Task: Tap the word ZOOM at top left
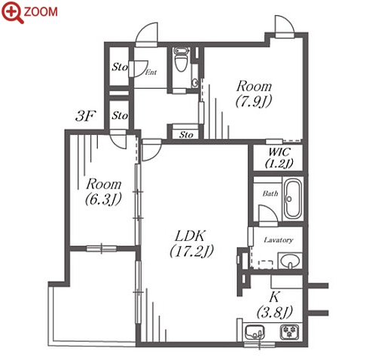click(x=41, y=12)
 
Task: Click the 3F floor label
click(x=86, y=116)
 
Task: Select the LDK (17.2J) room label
click(x=191, y=243)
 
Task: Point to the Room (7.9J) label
click(x=254, y=93)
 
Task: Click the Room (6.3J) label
click(x=103, y=191)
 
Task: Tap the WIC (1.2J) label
click(x=279, y=157)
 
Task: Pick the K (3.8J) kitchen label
click(x=275, y=304)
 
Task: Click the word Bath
click(x=270, y=194)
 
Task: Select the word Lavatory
click(x=279, y=240)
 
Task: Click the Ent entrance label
click(x=151, y=72)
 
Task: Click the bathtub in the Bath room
click(x=293, y=199)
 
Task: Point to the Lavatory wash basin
click(x=290, y=261)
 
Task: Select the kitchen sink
click(x=255, y=332)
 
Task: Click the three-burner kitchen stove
click(x=289, y=331)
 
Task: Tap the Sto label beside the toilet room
click(x=186, y=135)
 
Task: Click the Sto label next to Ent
click(x=120, y=67)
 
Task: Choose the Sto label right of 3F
click(x=120, y=115)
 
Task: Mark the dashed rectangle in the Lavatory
click(x=266, y=264)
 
